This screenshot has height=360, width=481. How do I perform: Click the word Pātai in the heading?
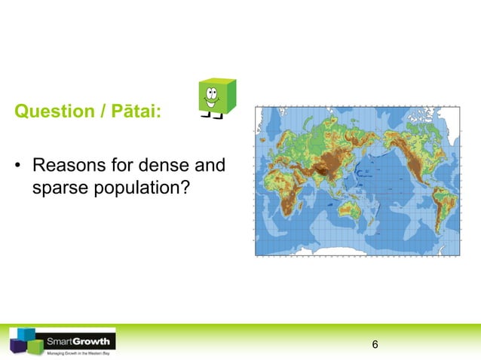(136, 113)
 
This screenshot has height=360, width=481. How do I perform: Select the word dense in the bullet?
(173, 165)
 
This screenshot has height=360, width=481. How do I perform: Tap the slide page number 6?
(375, 345)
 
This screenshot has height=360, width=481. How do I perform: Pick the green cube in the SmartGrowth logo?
(35, 346)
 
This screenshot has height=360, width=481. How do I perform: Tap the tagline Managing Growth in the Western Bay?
(78, 352)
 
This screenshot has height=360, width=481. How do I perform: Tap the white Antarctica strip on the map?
(354, 253)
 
